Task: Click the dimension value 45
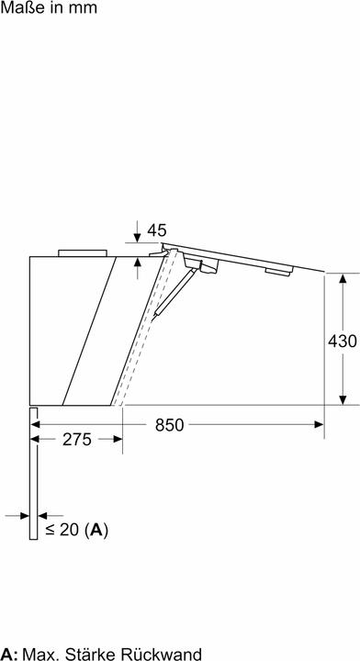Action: (x=157, y=230)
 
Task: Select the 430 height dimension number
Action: (x=343, y=341)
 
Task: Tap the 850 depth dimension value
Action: (x=170, y=425)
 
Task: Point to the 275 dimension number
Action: (x=77, y=440)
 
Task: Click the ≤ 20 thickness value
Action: (x=62, y=530)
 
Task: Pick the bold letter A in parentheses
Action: (x=96, y=530)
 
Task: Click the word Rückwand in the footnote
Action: (x=161, y=655)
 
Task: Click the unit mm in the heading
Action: (x=83, y=9)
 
